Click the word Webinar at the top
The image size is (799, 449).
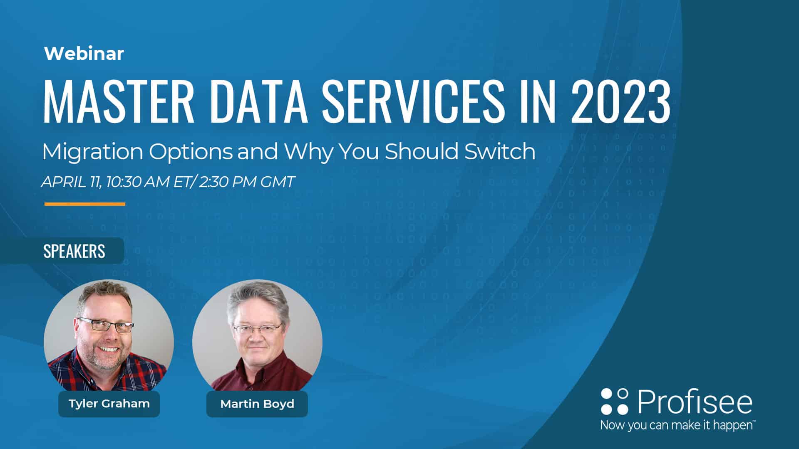click(x=84, y=54)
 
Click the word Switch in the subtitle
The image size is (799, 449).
click(x=500, y=151)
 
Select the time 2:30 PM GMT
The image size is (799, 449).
click(x=247, y=182)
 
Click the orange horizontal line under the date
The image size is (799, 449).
click(x=85, y=204)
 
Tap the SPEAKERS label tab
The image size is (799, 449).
click(x=74, y=251)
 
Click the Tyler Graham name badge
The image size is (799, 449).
click(x=109, y=404)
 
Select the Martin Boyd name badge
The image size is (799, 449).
click(x=257, y=404)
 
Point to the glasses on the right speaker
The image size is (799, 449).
click(x=257, y=329)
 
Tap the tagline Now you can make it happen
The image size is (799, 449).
click(x=677, y=425)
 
